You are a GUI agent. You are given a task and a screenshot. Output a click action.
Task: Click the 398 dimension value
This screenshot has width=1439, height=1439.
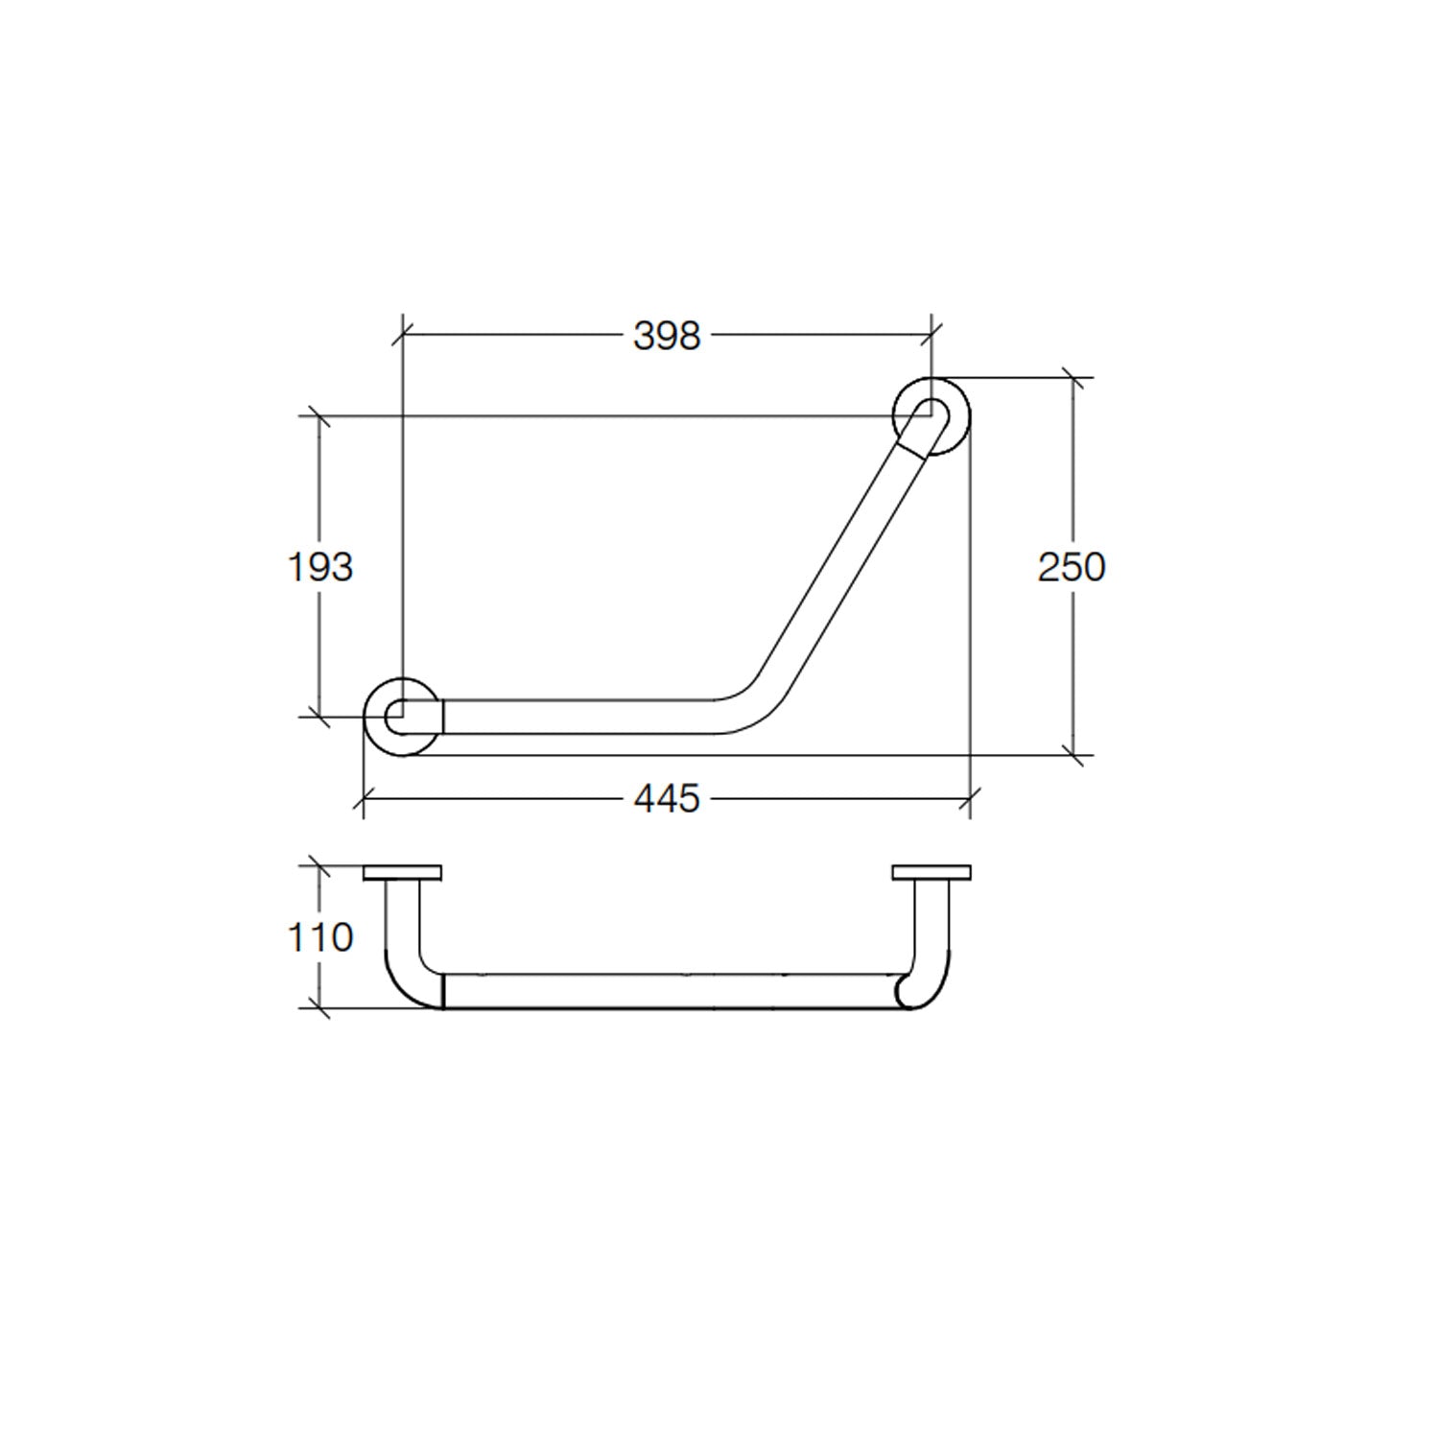pyautogui.click(x=667, y=336)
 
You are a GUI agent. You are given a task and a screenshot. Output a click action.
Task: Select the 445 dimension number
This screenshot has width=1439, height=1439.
pyautogui.click(x=667, y=798)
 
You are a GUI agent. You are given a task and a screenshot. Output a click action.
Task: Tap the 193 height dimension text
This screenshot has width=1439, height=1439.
pyautogui.click(x=320, y=567)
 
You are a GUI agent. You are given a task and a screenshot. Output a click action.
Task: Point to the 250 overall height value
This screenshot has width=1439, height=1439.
pyautogui.click(x=1072, y=567)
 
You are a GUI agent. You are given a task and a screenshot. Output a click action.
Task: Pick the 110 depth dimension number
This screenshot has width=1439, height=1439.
pyautogui.click(x=320, y=937)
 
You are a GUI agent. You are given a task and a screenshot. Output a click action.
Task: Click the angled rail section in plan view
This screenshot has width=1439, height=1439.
pyautogui.click(x=844, y=566)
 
